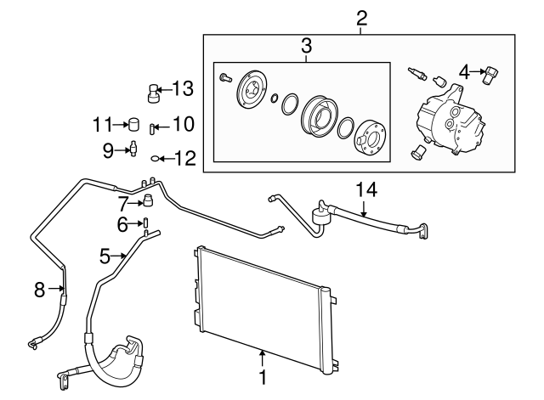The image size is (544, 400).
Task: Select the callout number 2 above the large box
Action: pyautogui.click(x=361, y=18)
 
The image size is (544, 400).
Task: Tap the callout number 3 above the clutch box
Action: pyautogui.click(x=305, y=46)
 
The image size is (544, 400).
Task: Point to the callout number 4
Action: pyautogui.click(x=463, y=71)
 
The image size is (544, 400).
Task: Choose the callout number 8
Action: pyautogui.click(x=39, y=290)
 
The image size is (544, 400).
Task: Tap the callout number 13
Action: pyautogui.click(x=183, y=87)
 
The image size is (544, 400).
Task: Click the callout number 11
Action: pyautogui.click(x=103, y=125)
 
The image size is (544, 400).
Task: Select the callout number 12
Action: pyautogui.click(x=184, y=157)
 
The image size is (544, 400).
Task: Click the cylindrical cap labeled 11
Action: pyautogui.click(x=133, y=126)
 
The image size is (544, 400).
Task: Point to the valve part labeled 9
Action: pyautogui.click(x=133, y=149)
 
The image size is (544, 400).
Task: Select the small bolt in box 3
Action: pyautogui.click(x=224, y=77)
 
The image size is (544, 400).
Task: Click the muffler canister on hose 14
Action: pyautogui.click(x=322, y=213)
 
